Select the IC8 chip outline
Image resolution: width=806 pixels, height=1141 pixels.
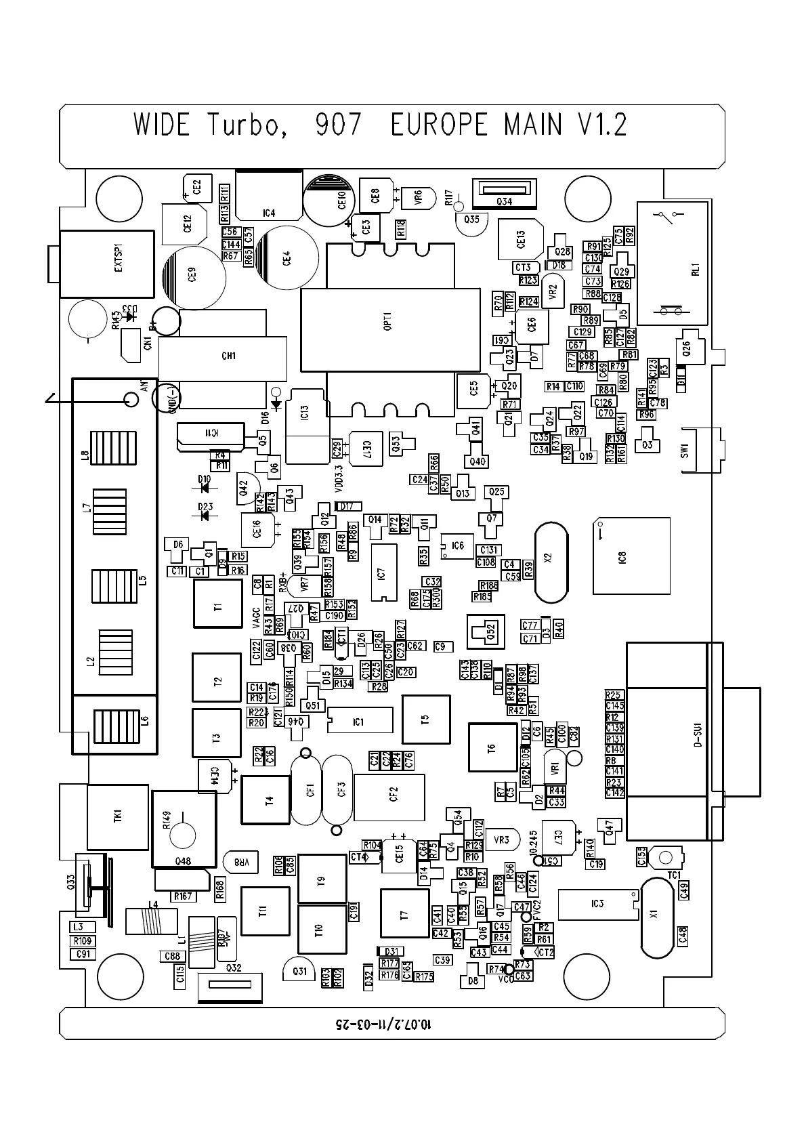coord(631,556)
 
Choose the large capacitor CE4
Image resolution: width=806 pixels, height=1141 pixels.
coord(287,257)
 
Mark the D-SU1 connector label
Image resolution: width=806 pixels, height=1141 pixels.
coord(697,737)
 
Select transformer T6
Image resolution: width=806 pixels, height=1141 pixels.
coord(492,747)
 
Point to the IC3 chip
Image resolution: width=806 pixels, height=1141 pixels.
coord(596,904)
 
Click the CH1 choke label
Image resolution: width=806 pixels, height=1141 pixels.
coord(229,356)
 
